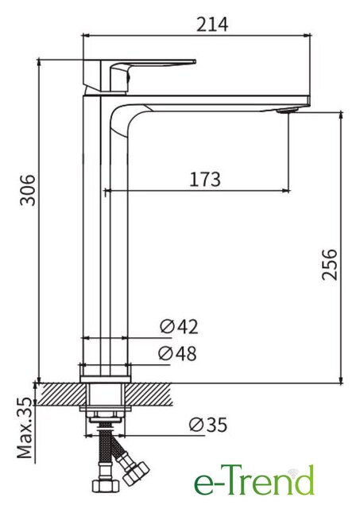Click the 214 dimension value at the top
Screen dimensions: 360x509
[x=212, y=25]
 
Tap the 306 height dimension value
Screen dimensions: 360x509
[x=28, y=190]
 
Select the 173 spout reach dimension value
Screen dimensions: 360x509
[x=205, y=179]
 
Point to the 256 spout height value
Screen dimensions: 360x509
[x=330, y=265]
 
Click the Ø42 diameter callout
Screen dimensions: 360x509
[x=179, y=327]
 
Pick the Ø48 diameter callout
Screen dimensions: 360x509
[x=177, y=353]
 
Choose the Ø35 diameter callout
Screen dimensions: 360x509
[x=208, y=425]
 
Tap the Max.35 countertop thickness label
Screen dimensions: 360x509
[x=25, y=428]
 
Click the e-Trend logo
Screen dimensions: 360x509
[x=254, y=480]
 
